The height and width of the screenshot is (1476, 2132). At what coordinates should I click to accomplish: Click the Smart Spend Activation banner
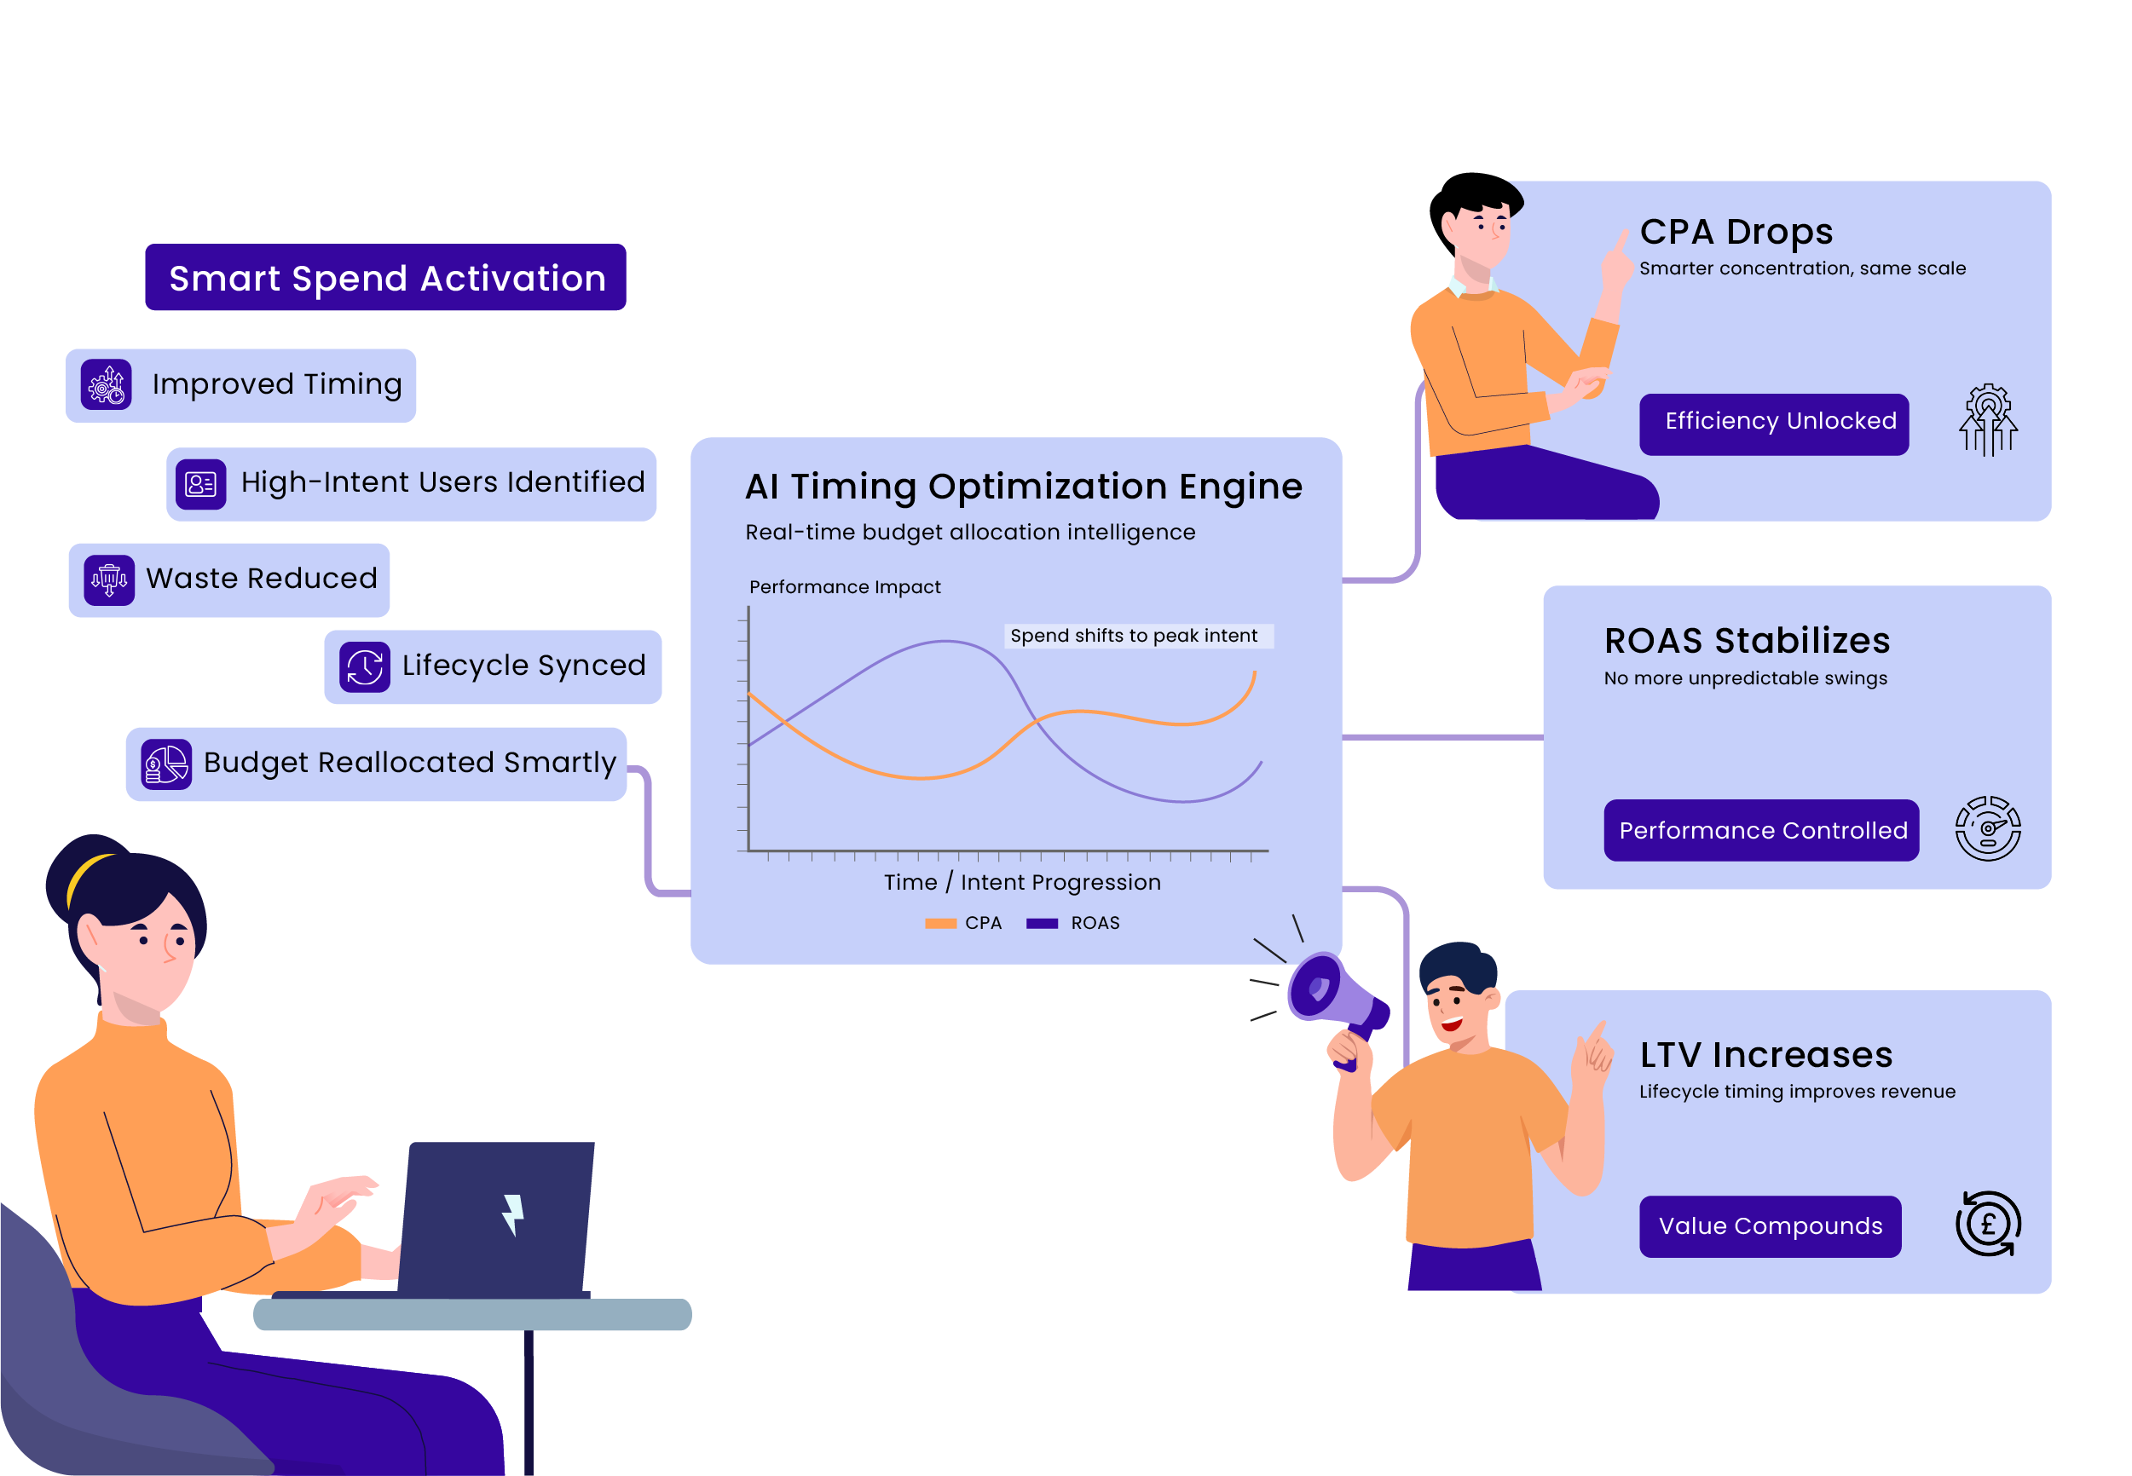click(x=384, y=278)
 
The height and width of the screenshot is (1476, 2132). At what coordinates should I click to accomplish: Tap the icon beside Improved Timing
click(x=107, y=384)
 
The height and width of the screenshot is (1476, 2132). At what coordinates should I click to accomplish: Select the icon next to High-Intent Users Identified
click(x=200, y=484)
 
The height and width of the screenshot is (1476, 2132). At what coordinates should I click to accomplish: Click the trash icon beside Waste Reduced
click(x=109, y=579)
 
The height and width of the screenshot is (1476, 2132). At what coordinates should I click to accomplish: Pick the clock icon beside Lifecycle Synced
click(x=365, y=666)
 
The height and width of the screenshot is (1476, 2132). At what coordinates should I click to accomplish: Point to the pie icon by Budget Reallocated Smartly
click(x=166, y=764)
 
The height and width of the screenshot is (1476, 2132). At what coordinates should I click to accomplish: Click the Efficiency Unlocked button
click(x=1773, y=424)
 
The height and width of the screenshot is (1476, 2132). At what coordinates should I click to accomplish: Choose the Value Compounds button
click(x=1770, y=1225)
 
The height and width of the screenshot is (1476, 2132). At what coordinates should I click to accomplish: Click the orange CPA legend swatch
click(x=939, y=923)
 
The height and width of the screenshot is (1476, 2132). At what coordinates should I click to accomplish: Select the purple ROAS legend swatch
click(x=1042, y=923)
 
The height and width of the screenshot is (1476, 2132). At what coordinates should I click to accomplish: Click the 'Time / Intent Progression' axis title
click(x=1021, y=882)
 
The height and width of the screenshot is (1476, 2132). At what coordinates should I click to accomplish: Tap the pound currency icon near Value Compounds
click(x=1987, y=1224)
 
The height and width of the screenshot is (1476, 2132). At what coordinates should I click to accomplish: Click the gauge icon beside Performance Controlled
click(x=1987, y=828)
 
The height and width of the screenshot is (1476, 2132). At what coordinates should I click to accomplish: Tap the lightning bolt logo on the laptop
click(x=512, y=1214)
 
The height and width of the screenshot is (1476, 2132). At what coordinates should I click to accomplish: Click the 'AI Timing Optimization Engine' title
click(x=1023, y=487)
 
